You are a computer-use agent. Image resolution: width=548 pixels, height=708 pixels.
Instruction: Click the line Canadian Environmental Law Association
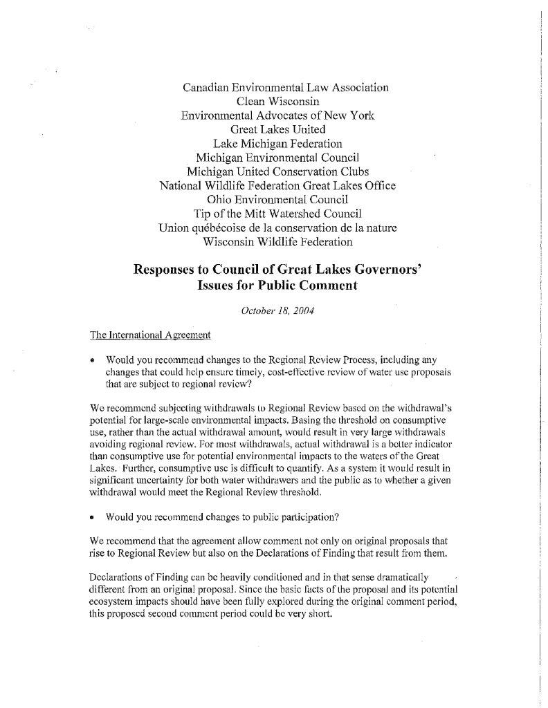coord(285,88)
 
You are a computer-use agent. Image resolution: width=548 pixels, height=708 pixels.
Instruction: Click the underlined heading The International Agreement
coord(150,335)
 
